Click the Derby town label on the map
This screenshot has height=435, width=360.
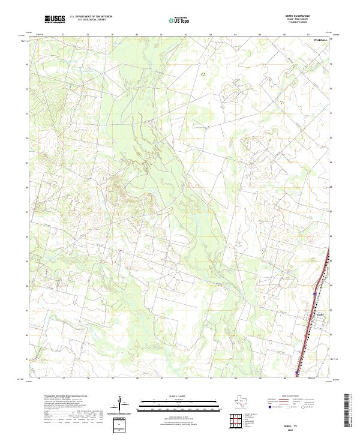point(319,313)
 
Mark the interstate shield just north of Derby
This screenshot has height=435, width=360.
point(314,294)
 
